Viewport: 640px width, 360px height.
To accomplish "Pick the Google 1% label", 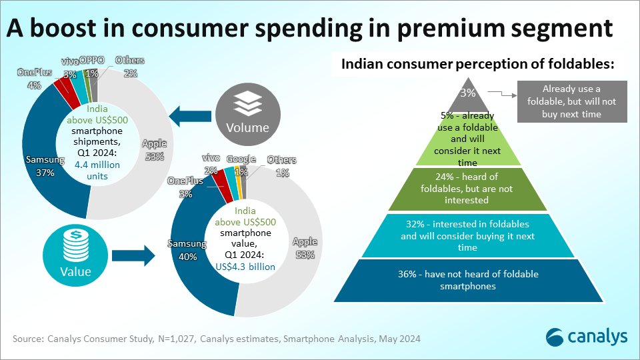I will pyautogui.click(x=241, y=164).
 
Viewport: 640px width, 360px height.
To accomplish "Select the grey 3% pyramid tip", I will pyautogui.click(x=469, y=93).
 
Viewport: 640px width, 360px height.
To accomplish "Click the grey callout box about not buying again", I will pyautogui.click(x=571, y=101).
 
